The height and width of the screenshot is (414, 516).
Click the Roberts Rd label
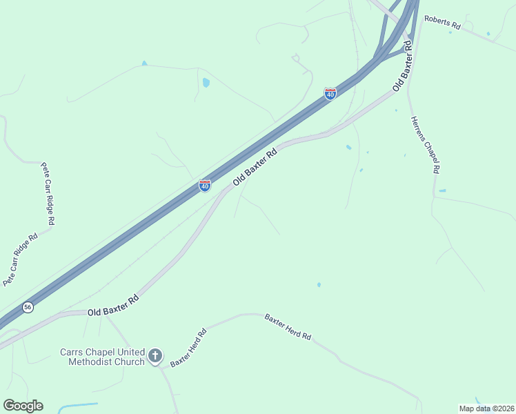pos(442,22)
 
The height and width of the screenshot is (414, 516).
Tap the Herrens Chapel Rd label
pos(426,144)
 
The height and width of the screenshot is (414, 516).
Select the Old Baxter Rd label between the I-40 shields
pos(255,166)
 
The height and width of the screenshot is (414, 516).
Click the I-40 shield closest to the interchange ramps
pos(330,93)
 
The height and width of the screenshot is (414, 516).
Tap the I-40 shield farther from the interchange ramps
pos(205,186)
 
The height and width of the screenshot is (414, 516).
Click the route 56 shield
pos(28,307)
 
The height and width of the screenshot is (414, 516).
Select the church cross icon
pos(155,357)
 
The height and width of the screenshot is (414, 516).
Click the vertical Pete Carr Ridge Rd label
pos(48,194)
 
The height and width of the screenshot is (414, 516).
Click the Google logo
pos(23,406)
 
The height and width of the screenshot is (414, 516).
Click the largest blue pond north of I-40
pos(206,83)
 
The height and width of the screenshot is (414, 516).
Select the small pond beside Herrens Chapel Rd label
pos(442,190)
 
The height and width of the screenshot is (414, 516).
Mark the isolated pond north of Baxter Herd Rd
pos(319,284)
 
